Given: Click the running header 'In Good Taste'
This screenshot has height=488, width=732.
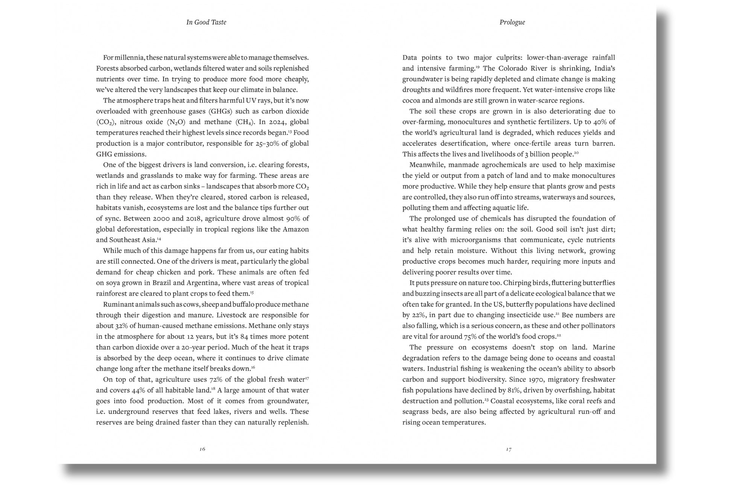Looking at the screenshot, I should (206, 22).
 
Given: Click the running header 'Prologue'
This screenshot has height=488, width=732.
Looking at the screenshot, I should (512, 22).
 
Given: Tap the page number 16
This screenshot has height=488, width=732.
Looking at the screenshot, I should (202, 449).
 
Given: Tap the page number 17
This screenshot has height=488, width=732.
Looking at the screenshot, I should (509, 449).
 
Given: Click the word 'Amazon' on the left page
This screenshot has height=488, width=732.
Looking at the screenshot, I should (296, 229).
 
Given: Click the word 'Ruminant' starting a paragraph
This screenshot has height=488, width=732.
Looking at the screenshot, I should (118, 304).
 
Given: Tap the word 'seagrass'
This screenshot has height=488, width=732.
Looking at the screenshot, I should (416, 412).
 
